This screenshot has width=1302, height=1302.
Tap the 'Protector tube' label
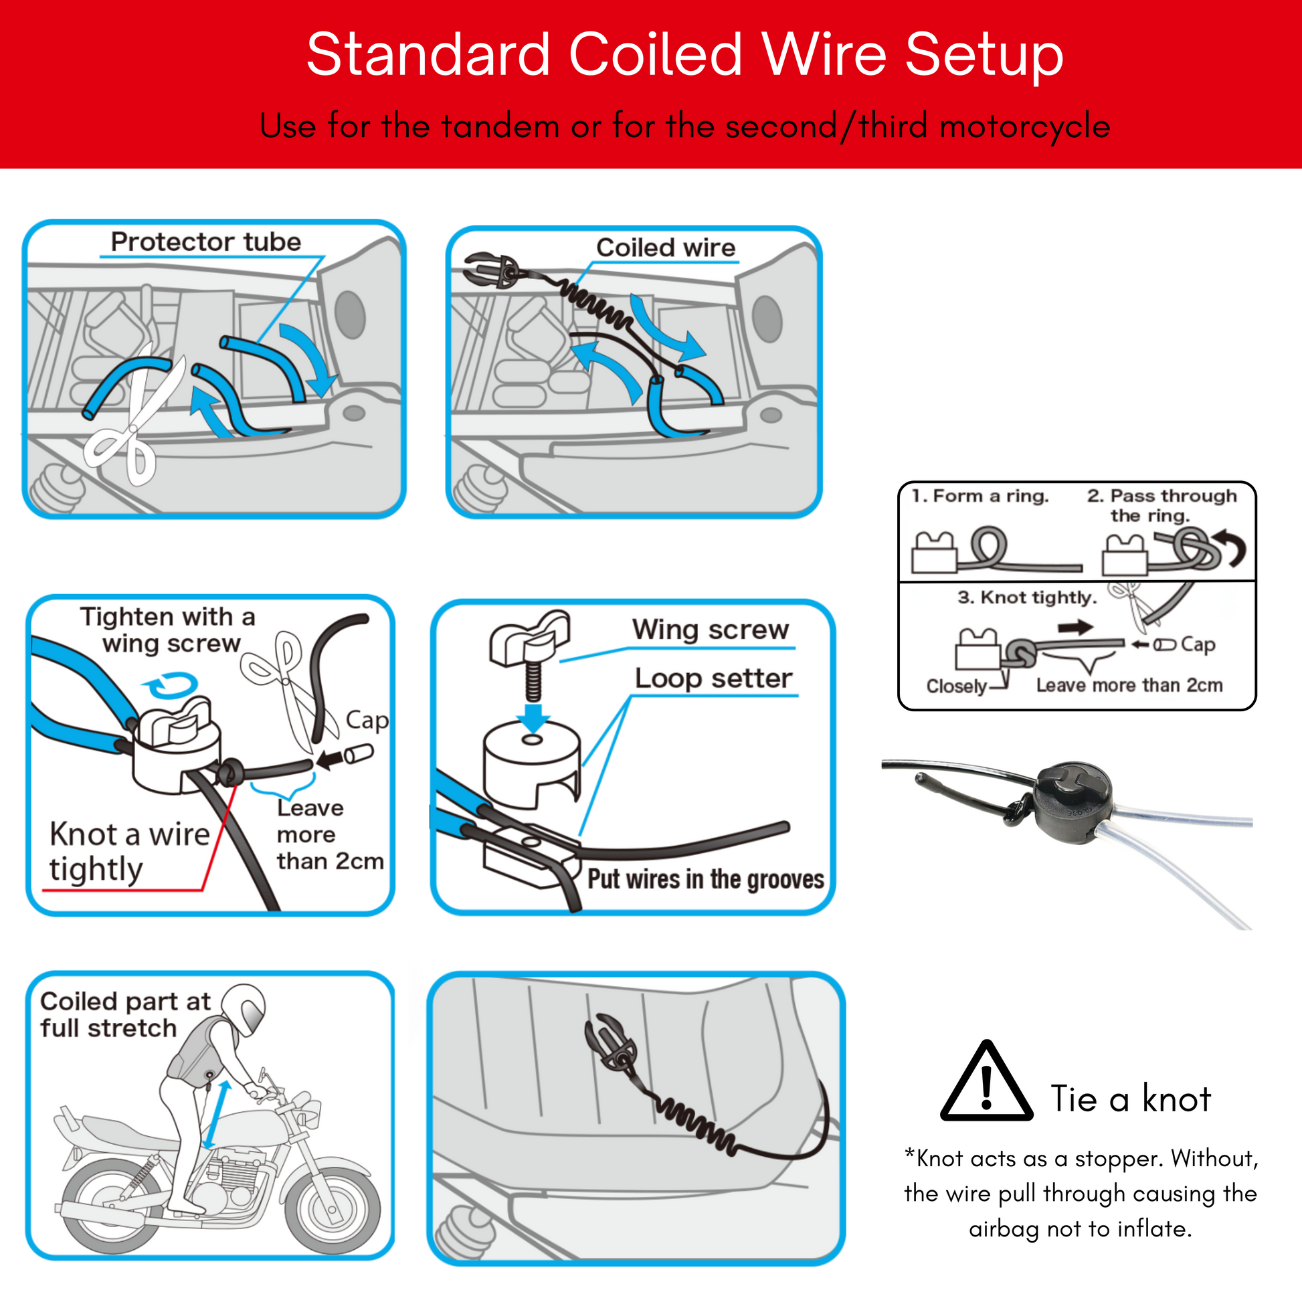pyautogui.click(x=205, y=242)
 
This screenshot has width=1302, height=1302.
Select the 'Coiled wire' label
pyautogui.click(x=665, y=248)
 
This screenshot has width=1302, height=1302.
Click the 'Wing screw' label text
pyautogui.click(x=710, y=630)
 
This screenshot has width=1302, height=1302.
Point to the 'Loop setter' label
pyautogui.click(x=713, y=678)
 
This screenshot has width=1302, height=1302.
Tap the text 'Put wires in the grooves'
pyautogui.click(x=705, y=878)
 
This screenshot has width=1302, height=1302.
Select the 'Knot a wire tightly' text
pyautogui.click(x=128, y=851)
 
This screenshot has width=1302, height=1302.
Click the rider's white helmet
pyautogui.click(x=245, y=1008)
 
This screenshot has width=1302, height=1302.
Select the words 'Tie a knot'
pyautogui.click(x=1130, y=1099)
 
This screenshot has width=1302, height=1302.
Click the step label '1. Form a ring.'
pyautogui.click(x=980, y=496)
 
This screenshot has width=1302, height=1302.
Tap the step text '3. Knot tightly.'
pyautogui.click(x=1027, y=597)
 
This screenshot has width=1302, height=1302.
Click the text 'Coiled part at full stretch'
pyautogui.click(x=124, y=1014)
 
